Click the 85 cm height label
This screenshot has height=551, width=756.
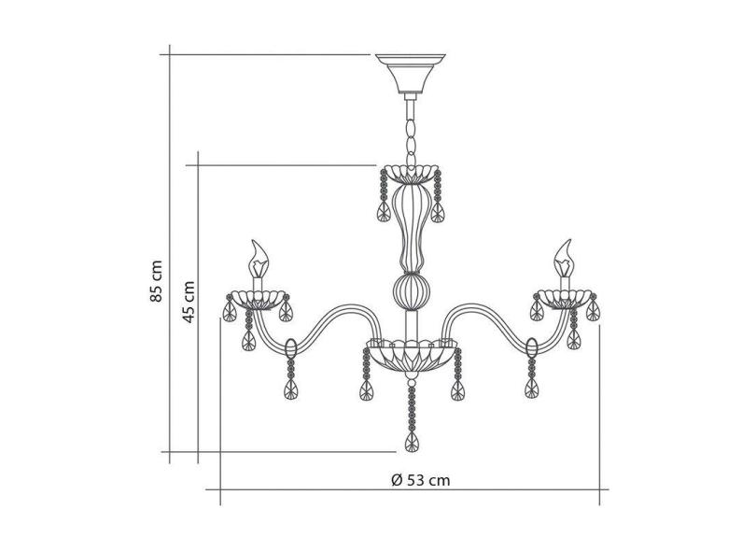(x=156, y=281)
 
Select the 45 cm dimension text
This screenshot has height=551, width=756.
(x=189, y=302)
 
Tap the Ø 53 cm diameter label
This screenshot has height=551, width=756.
(x=420, y=480)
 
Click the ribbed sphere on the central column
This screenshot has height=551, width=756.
(x=411, y=291)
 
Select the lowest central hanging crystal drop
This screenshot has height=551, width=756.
(x=412, y=442)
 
